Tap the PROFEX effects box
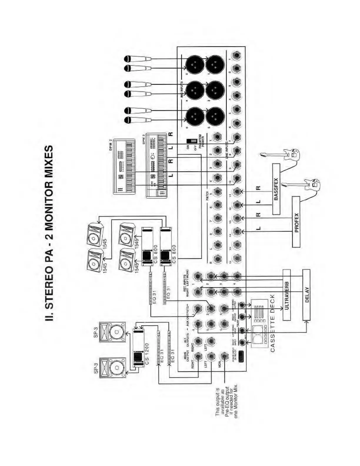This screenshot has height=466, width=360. click(296, 222)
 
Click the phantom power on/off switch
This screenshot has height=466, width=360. click(193, 142)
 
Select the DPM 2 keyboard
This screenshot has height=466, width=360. click(125, 166)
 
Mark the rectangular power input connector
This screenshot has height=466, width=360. click(241, 356)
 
